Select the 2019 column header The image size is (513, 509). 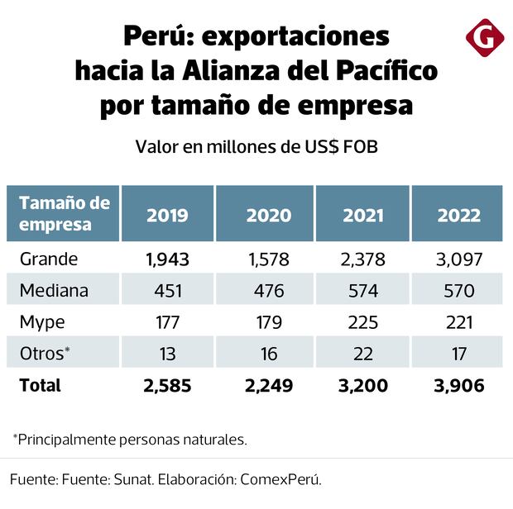[x=167, y=215]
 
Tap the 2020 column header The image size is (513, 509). [x=268, y=215]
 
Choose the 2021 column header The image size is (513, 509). [x=362, y=215]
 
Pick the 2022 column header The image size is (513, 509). [x=458, y=215]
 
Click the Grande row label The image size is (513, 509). [x=49, y=259]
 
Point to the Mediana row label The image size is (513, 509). [x=54, y=290]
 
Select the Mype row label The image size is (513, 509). [x=41, y=321]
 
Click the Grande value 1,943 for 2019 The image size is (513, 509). [x=167, y=259]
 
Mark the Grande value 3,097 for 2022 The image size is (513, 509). [x=458, y=259]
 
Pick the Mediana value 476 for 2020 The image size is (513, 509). [x=268, y=291]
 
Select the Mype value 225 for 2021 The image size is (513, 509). [x=362, y=322]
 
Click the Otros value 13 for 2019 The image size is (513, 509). [x=167, y=354]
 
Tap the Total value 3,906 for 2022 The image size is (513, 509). [x=458, y=385]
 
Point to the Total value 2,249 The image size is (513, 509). [x=268, y=385]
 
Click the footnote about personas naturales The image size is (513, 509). [x=129, y=439]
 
